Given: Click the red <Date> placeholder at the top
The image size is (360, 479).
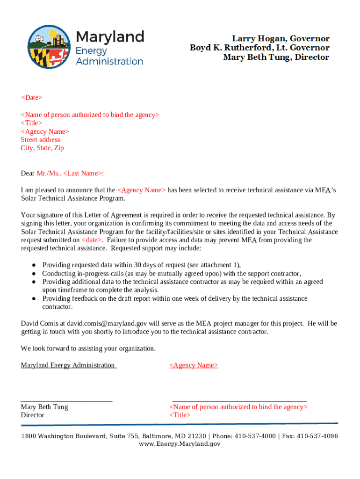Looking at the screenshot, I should coord(31,97).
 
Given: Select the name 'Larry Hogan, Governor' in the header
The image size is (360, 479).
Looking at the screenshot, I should coord(281,38).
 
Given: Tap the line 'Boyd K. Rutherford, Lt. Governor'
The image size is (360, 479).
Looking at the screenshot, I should coord(259,48).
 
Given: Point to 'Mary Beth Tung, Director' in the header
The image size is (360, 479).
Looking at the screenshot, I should coord(276,57).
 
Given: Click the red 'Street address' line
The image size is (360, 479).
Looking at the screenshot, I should coord(40,139).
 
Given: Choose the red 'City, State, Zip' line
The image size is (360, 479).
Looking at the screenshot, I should coord(42,148).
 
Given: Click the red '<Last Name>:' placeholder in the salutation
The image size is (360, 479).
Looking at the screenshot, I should coord(83,173).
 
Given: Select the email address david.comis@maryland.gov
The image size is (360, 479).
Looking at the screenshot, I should coord(107,323).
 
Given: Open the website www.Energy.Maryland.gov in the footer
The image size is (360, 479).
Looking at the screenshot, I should coord(180,443).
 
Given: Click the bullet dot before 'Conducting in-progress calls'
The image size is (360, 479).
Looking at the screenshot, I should coord(35,274).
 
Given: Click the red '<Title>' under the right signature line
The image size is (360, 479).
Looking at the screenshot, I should coord(180,415).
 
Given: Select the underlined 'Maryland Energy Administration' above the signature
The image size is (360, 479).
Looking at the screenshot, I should coord(68,365).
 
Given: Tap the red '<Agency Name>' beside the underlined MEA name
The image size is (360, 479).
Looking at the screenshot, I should coord(194,365).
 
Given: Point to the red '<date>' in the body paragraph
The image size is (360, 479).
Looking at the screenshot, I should coord(91,240).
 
